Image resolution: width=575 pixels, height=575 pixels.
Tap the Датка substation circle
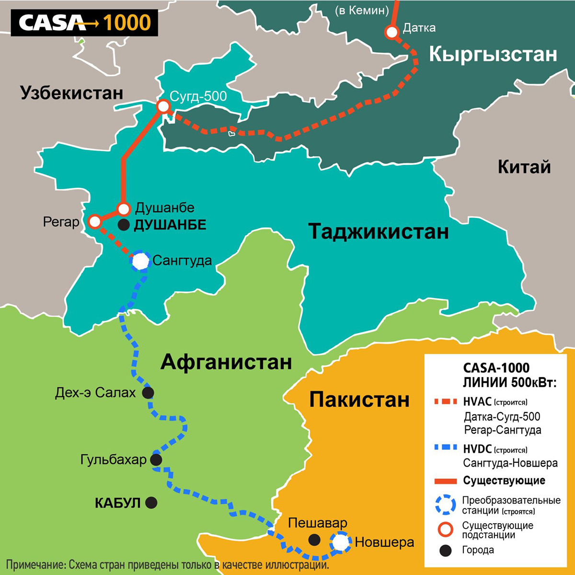click(x=392, y=32)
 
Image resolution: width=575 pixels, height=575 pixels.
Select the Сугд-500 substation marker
click(x=163, y=106)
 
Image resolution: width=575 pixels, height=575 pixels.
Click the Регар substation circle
click(x=94, y=221)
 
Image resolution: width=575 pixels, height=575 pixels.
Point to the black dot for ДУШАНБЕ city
click(x=124, y=225)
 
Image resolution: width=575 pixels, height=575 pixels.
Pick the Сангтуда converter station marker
click(x=141, y=261)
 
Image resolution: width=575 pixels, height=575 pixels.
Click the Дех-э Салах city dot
click(x=148, y=393)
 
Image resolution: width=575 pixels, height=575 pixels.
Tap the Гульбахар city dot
click(x=156, y=460)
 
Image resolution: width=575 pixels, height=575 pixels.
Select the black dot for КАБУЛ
click(x=151, y=503)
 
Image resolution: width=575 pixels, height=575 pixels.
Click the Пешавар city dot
click(x=314, y=540)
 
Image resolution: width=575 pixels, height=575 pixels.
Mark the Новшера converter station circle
click(x=340, y=542)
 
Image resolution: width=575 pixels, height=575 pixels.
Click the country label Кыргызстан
click(x=493, y=54)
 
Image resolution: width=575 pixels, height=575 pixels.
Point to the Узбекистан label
click(x=72, y=93)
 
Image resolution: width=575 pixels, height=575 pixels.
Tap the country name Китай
click(x=524, y=167)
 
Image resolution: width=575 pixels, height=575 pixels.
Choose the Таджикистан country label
click(x=379, y=231)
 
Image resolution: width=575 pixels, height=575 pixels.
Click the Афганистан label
click(x=226, y=362)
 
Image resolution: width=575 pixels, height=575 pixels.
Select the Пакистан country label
click(x=359, y=399)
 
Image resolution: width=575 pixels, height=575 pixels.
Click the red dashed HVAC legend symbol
click(x=446, y=402)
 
